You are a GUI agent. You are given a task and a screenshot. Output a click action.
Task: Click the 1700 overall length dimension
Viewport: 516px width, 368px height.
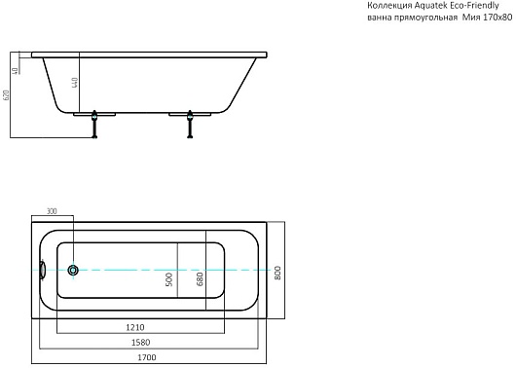click(147, 357)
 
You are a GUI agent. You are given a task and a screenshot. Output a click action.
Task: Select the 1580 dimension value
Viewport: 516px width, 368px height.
click(140, 343)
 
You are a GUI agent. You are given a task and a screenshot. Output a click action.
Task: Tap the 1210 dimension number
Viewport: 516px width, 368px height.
click(135, 327)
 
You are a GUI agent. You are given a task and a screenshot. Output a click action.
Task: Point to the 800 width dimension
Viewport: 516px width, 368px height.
click(277, 273)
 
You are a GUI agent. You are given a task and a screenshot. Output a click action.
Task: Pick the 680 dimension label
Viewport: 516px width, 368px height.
click(200, 279)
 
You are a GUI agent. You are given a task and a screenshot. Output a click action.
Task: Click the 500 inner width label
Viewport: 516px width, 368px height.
click(168, 279)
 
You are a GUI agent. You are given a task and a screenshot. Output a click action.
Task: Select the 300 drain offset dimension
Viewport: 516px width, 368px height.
click(52, 211)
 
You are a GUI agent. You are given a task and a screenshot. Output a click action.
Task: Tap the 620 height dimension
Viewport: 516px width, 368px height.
click(6, 95)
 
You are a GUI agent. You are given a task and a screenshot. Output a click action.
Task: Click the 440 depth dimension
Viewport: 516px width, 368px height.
click(75, 83)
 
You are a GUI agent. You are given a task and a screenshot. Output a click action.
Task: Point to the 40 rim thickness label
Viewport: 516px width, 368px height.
click(15, 71)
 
